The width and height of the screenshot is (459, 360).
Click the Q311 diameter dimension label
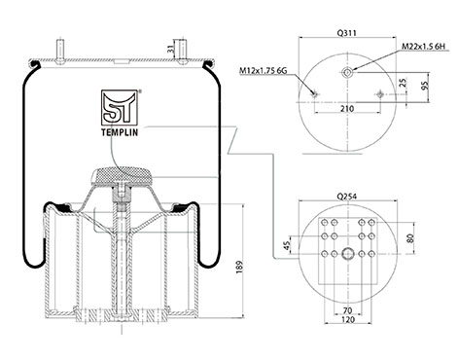[347, 33]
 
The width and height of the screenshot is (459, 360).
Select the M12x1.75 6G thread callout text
[264, 70]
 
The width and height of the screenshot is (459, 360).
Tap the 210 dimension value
[347, 109]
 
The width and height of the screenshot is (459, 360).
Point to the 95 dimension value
[425, 86]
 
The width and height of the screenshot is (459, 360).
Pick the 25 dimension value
[403, 83]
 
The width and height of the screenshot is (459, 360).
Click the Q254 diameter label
[347, 197]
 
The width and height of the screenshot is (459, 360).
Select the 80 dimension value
[410, 238]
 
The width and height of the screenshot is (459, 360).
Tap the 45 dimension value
[287, 245]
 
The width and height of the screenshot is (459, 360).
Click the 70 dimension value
[347, 310]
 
